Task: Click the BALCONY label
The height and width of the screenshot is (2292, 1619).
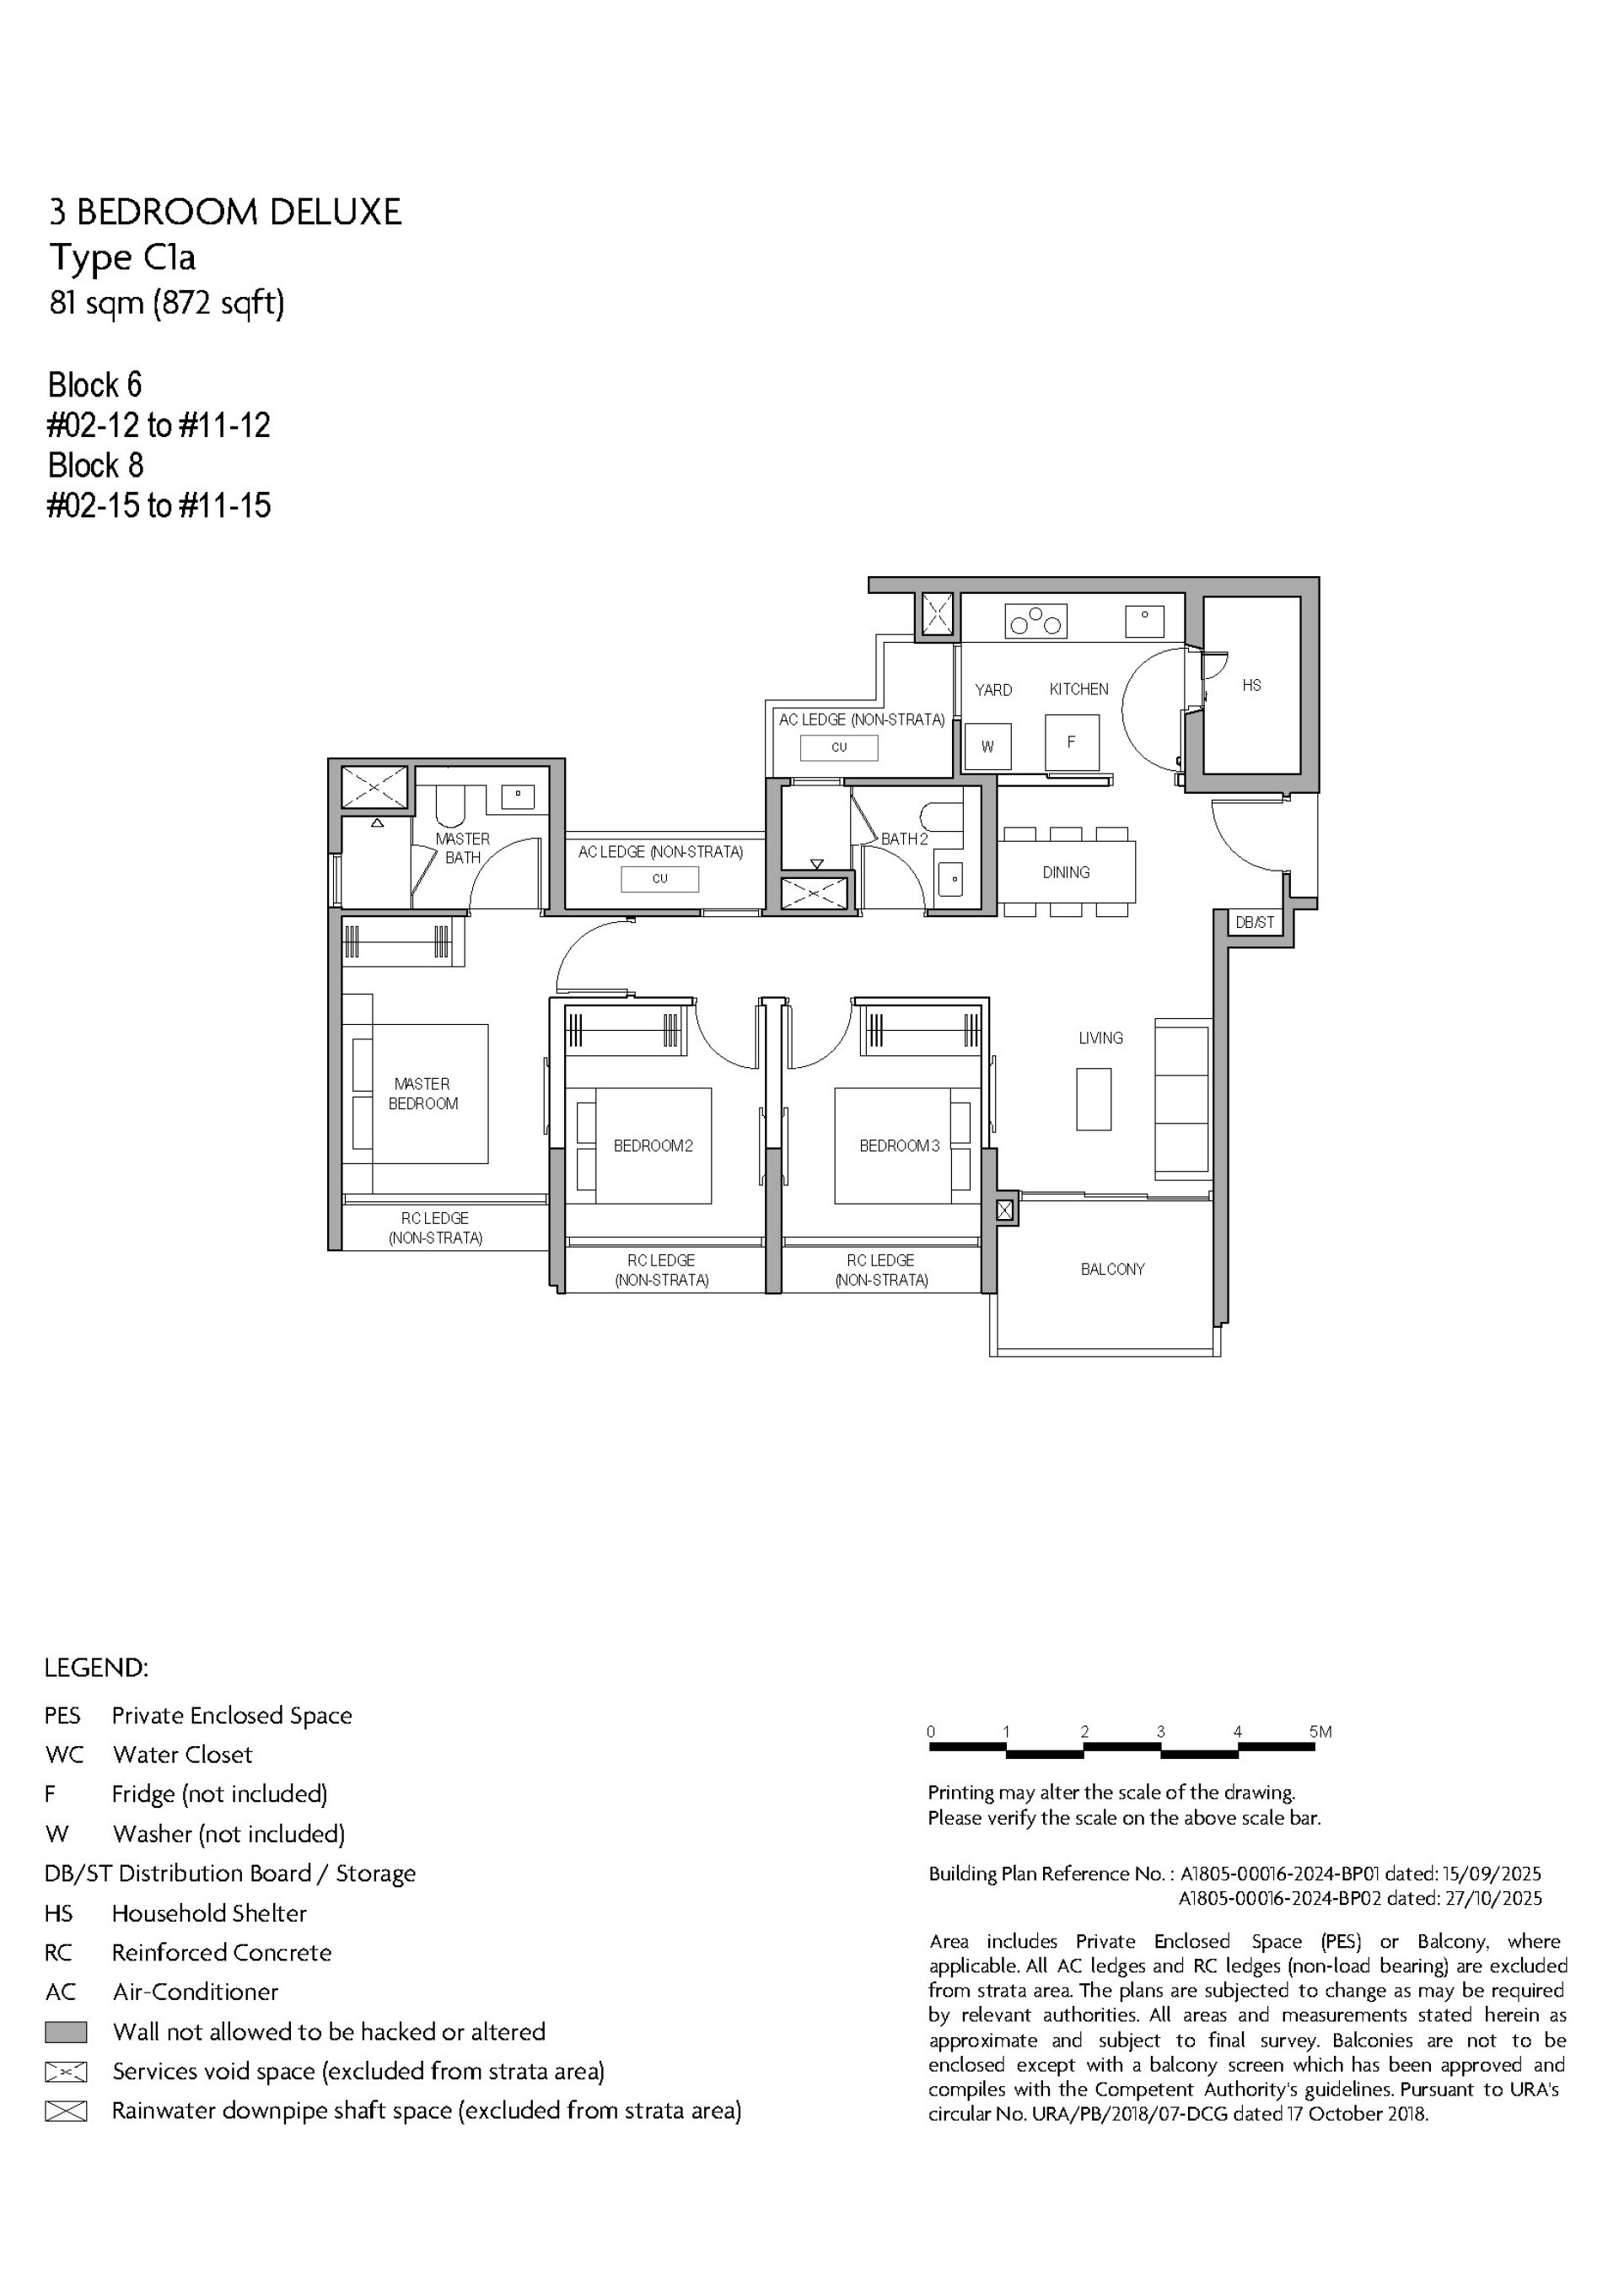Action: [1112, 1269]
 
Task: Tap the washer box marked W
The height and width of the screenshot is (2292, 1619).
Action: [988, 746]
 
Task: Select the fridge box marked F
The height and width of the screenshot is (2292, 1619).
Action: [1072, 742]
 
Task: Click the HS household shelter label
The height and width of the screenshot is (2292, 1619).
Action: [1251, 685]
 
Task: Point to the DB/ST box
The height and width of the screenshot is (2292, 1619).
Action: [1255, 922]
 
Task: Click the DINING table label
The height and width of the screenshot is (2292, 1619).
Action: [1066, 872]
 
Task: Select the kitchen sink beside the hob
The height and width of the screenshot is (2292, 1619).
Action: [1145, 621]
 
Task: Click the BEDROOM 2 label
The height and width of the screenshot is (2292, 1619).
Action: [653, 1146]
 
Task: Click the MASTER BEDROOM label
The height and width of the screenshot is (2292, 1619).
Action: [423, 1093]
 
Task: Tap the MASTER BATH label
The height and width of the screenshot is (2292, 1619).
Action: [462, 849]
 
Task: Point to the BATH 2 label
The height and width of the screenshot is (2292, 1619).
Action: [904, 839]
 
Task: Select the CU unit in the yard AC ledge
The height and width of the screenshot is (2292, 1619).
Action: [838, 747]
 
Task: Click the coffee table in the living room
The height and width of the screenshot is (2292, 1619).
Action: [1094, 1099]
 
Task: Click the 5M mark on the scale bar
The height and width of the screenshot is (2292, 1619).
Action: [1320, 1731]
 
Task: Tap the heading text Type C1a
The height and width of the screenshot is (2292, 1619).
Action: [123, 257]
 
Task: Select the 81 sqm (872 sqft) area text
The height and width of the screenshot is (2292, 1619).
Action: [167, 303]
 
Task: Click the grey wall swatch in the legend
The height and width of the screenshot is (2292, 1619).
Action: [66, 2031]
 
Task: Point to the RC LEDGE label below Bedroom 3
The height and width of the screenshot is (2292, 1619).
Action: [881, 1270]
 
